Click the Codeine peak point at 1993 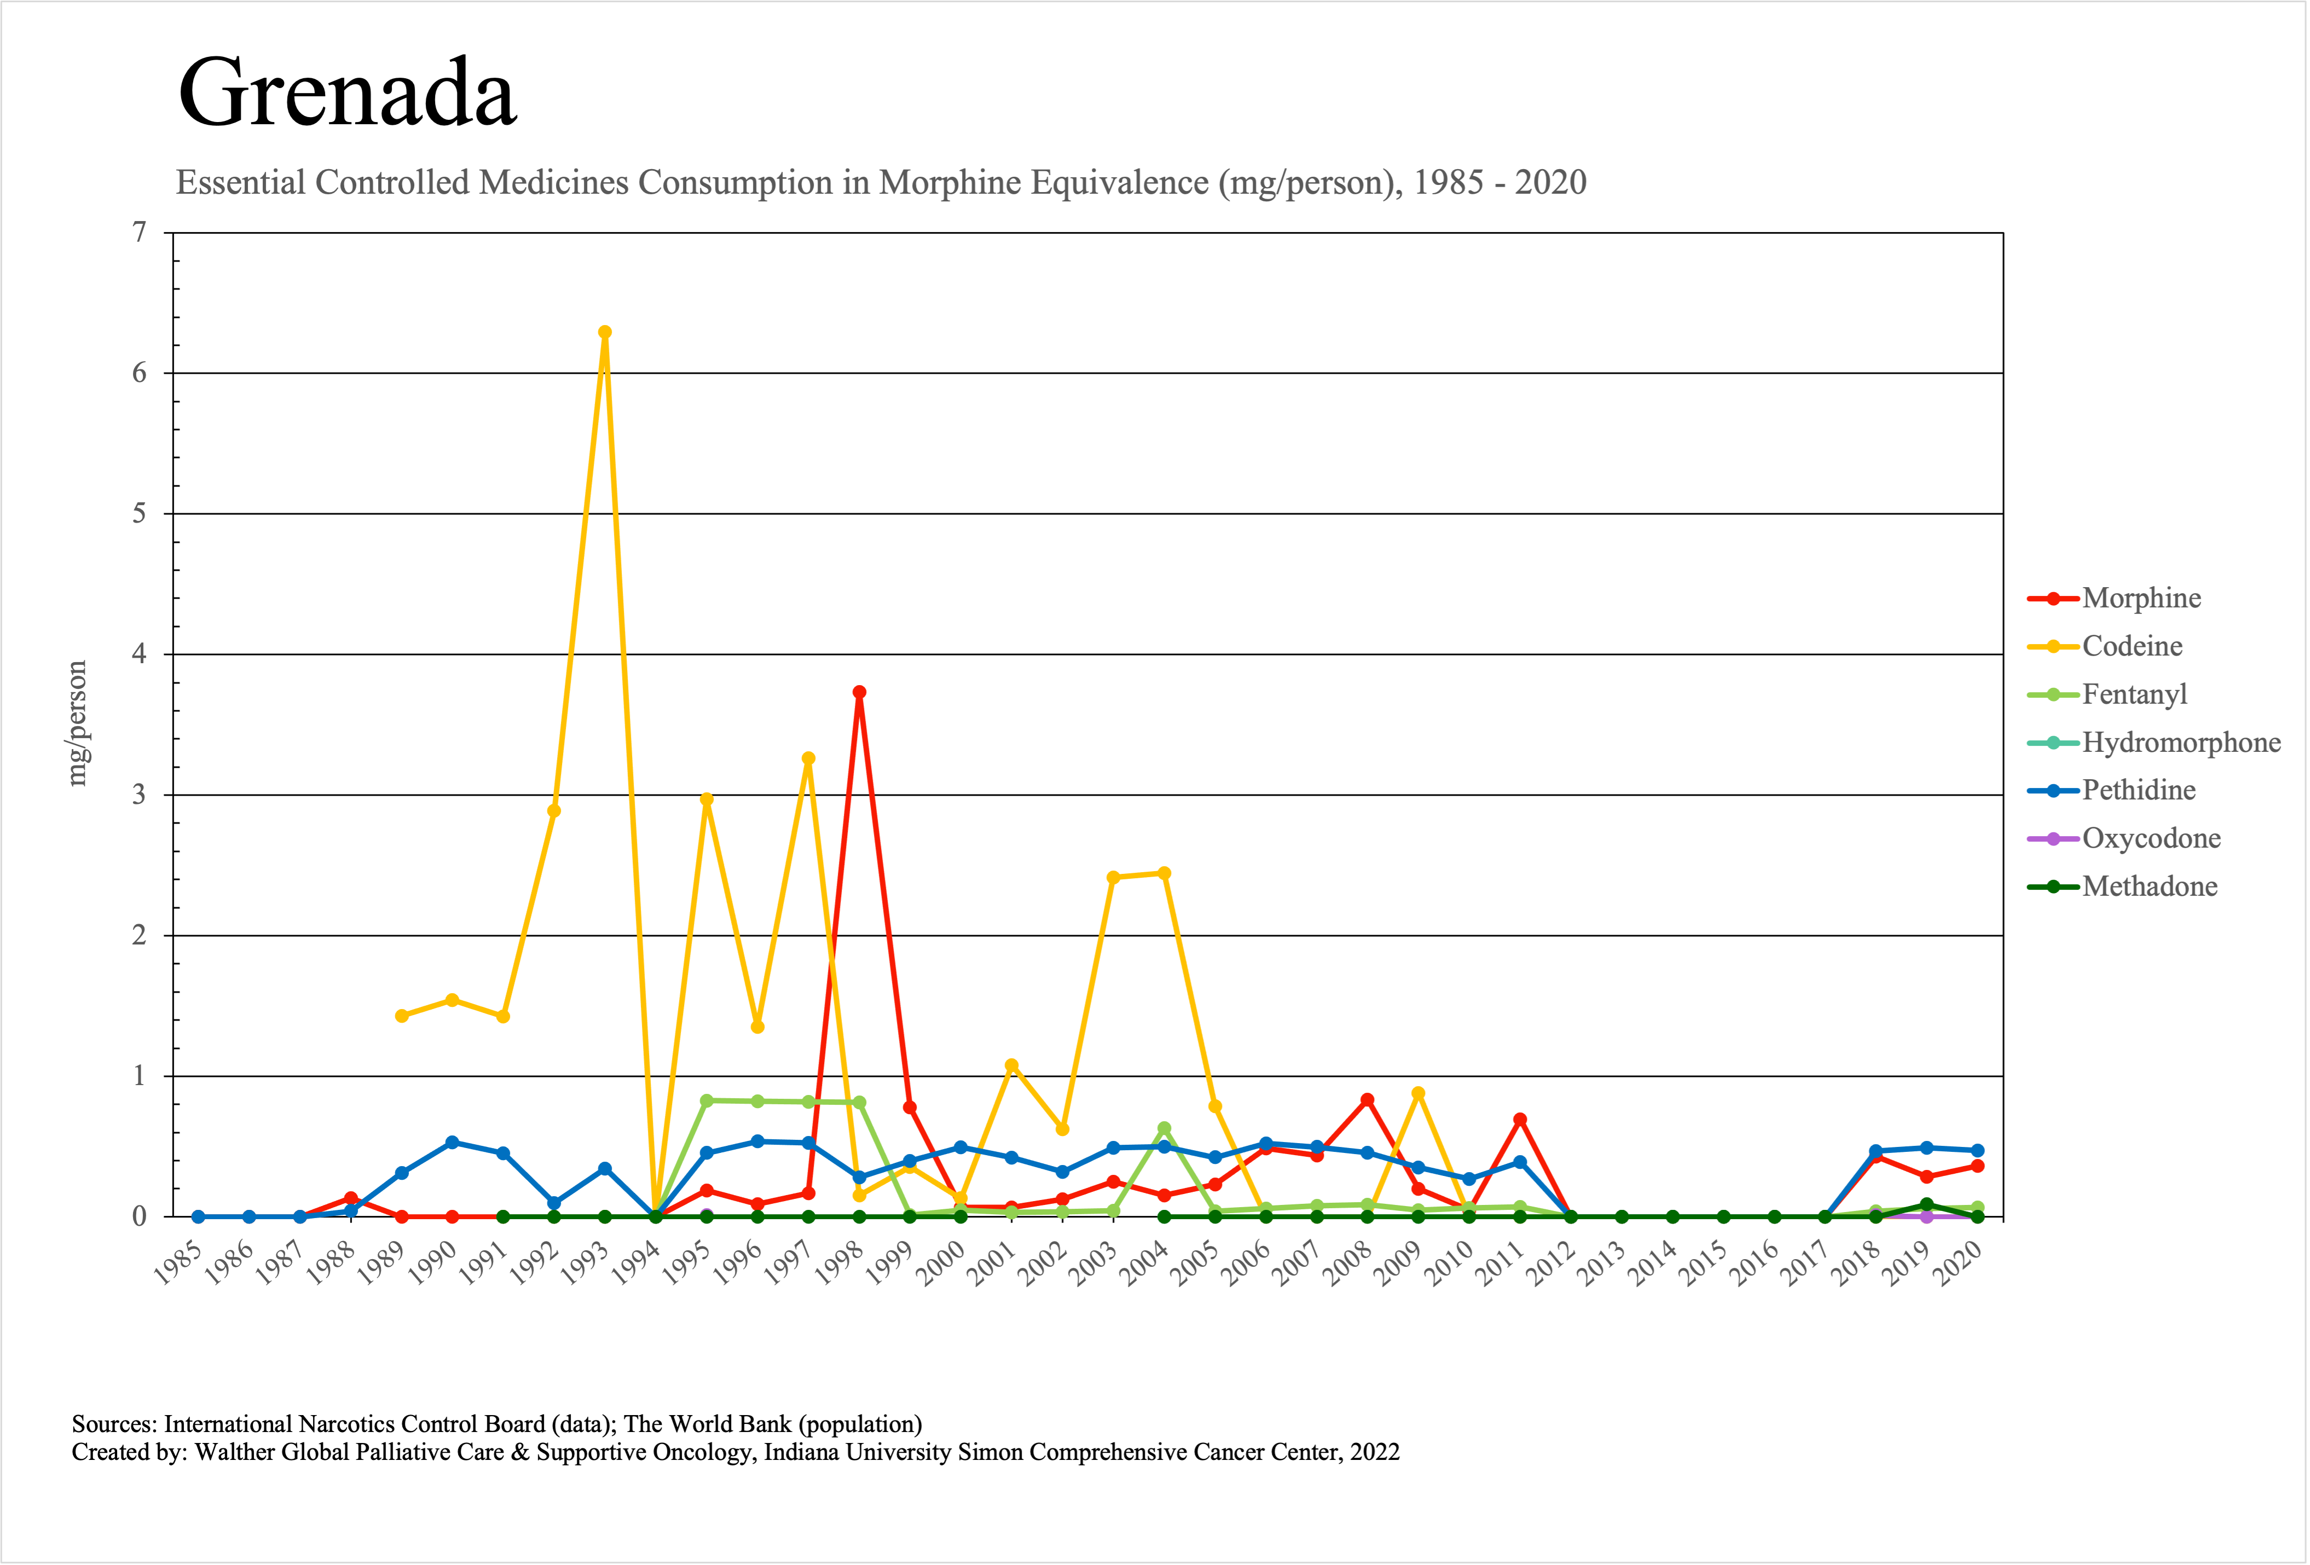tap(604, 333)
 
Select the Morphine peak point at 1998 tap(859, 693)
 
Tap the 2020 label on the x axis tap(1960, 1266)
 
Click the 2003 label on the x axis tap(1096, 1266)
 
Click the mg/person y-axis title tap(78, 723)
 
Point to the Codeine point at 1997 tap(808, 759)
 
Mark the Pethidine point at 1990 tap(452, 1143)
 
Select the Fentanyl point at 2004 tap(1164, 1129)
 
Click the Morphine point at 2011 tap(1520, 1120)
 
